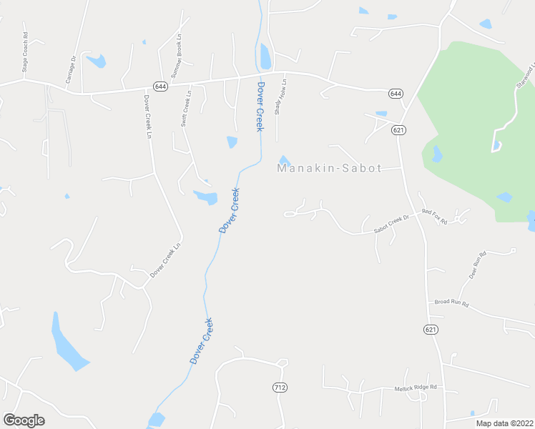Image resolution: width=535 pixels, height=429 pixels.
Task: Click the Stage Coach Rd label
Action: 25,52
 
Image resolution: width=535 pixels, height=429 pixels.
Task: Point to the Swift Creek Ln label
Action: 187,108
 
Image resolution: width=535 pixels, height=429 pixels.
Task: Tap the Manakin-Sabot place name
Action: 329,169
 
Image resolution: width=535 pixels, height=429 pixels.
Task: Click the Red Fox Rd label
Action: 434,217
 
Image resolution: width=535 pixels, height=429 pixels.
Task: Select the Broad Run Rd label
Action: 451,303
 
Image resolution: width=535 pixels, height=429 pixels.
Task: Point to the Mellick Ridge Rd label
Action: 416,388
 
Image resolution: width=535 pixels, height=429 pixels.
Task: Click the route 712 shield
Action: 280,387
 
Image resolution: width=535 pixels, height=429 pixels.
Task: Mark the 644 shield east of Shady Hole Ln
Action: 396,94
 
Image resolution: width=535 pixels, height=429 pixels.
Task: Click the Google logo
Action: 24,420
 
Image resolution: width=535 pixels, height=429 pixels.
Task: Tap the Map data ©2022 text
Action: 504,423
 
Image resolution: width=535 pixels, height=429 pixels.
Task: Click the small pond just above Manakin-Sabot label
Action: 284,160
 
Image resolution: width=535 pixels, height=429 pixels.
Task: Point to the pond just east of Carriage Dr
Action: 97,61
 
